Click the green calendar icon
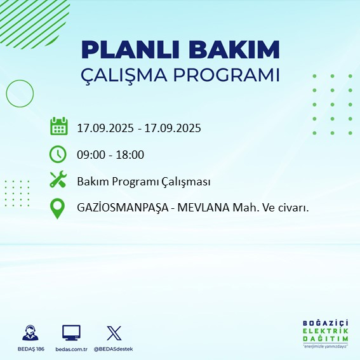pyautogui.click(x=58, y=126)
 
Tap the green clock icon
pyautogui.click(x=58, y=154)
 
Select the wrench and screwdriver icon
pyautogui.click(x=58, y=180)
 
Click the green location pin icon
pyautogui.click(x=58, y=208)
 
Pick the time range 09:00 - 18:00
pyautogui.click(x=110, y=154)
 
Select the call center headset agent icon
pyautogui.click(x=29, y=333)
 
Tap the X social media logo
pyautogui.click(x=113, y=333)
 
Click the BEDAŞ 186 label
pyautogui.click(x=29, y=349)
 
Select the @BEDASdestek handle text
pyautogui.click(x=113, y=349)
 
